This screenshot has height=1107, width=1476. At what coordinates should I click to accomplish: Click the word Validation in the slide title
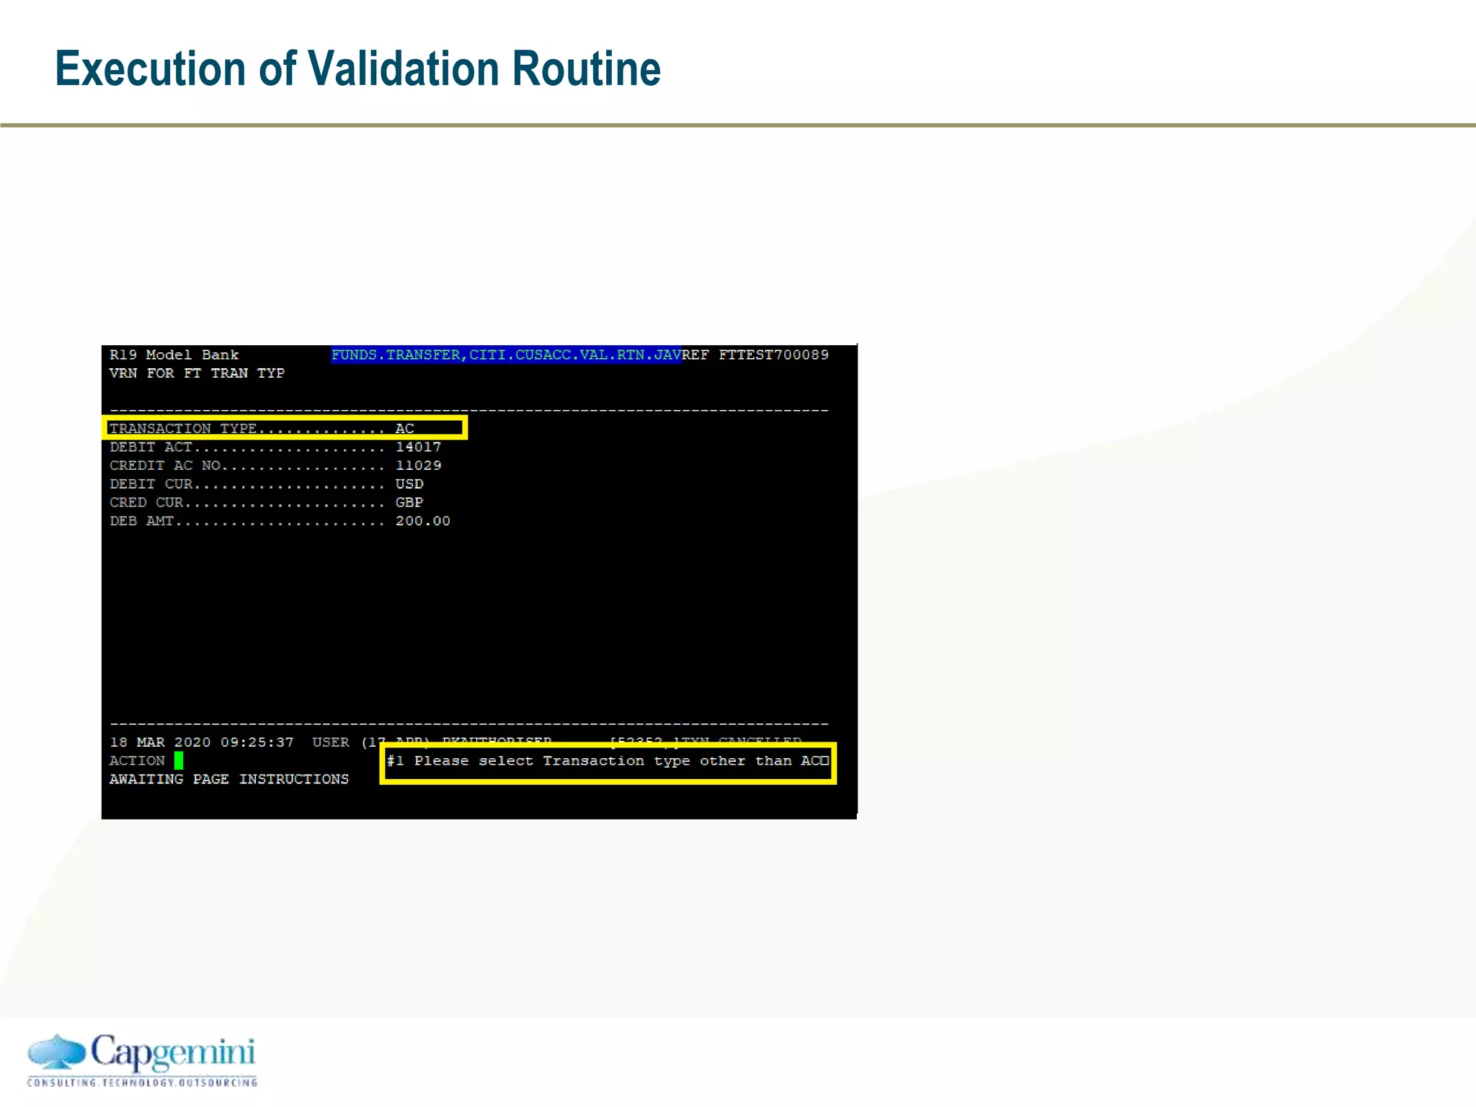click(403, 69)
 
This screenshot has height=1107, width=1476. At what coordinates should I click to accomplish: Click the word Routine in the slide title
click(585, 69)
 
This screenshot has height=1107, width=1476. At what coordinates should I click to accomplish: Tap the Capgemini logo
click(142, 1059)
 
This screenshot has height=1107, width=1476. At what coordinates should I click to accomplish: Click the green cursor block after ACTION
click(179, 760)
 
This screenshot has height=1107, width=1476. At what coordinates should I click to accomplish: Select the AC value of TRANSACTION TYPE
click(404, 429)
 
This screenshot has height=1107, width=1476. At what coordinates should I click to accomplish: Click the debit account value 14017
click(418, 447)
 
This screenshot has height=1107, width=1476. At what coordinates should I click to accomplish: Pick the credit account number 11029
click(418, 466)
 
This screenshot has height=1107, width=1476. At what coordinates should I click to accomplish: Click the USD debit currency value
click(409, 484)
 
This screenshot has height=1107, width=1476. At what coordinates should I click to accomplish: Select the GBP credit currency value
click(409, 502)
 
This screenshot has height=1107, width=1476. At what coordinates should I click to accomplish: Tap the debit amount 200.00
click(422, 521)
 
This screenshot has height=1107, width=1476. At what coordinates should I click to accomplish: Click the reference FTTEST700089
click(773, 355)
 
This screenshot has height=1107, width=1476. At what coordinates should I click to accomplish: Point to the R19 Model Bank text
click(174, 355)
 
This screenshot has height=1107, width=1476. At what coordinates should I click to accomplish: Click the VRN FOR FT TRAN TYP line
click(197, 373)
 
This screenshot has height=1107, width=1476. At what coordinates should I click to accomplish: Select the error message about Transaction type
click(607, 761)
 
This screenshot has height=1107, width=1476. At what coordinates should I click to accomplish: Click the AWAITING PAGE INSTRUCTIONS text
click(228, 779)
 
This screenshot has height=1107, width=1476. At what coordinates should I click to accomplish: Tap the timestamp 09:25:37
click(257, 742)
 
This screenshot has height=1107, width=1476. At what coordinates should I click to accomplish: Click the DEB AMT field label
click(142, 521)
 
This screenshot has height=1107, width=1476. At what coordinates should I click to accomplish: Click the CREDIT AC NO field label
click(165, 466)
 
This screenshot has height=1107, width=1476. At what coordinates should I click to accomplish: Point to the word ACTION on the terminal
click(137, 761)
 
